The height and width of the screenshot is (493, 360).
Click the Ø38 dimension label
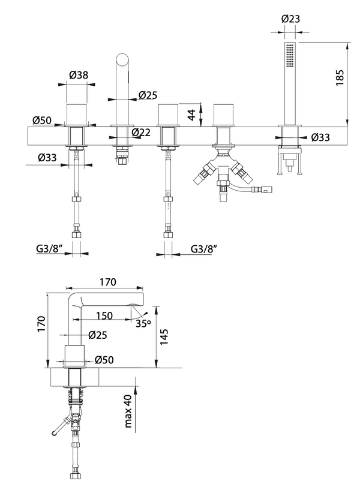[x=79, y=76]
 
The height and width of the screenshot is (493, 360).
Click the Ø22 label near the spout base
[x=142, y=132]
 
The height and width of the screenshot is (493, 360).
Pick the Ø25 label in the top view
[x=148, y=95]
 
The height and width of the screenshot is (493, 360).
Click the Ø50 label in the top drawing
[x=41, y=120]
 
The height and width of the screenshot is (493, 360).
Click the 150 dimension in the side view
[x=104, y=315]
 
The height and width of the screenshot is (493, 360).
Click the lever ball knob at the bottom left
[x=55, y=432]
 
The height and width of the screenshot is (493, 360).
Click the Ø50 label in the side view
[x=104, y=360]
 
